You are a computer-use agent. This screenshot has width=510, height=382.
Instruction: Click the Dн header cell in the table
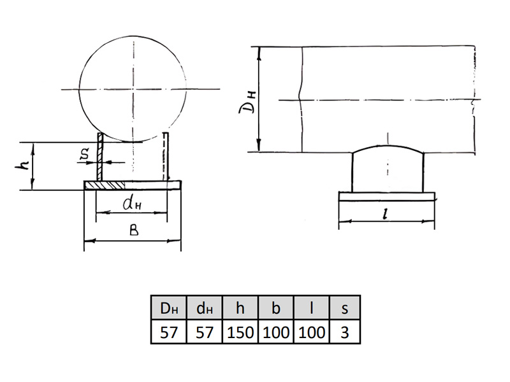[x=169, y=308]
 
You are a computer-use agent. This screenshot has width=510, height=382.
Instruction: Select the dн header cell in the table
[x=205, y=308]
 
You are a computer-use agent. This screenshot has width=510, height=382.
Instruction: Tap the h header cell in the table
[x=240, y=308]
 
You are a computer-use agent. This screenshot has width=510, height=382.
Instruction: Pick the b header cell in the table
[x=276, y=308]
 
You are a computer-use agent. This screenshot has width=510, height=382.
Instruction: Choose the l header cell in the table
[x=312, y=308]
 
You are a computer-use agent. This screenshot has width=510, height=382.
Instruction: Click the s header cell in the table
[x=345, y=308]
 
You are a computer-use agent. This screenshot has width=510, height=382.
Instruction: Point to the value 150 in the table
[x=240, y=332]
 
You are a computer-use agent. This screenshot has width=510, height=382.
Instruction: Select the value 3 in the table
[x=345, y=332]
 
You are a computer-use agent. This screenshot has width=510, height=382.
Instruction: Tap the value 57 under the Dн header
[x=169, y=332]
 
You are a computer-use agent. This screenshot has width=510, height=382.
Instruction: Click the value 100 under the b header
[x=276, y=332]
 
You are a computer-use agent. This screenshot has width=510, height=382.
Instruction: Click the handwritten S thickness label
[x=85, y=154]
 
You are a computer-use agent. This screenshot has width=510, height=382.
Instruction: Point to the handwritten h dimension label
[x=22, y=166]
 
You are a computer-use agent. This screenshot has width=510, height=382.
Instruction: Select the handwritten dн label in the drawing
[x=132, y=203]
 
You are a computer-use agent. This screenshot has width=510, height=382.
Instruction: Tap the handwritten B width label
[x=134, y=230]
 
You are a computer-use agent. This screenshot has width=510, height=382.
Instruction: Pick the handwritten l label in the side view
[x=386, y=214]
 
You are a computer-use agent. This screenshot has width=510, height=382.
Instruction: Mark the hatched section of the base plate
[x=105, y=185]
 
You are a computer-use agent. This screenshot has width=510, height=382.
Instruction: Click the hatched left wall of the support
[x=100, y=157]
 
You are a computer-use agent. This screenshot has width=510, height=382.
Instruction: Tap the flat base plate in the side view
[x=387, y=197]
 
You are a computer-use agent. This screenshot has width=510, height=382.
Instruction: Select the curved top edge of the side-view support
[x=388, y=146]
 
